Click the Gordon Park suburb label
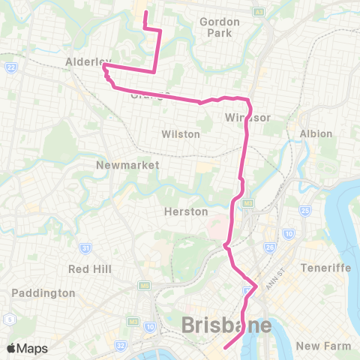[219, 27]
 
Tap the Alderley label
[88, 61]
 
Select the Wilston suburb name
[181, 134]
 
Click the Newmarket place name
[119, 164]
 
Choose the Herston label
[185, 212]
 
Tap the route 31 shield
[87, 248]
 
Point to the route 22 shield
[10, 68]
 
